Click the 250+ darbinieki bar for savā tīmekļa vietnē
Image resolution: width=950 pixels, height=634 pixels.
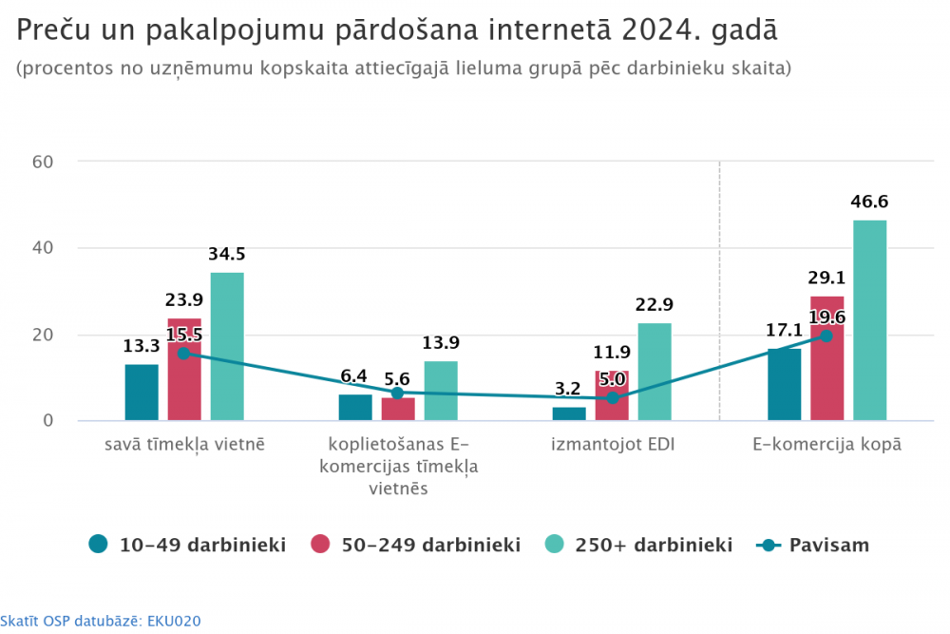coord(227,347)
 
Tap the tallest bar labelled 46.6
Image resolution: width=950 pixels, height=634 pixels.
coord(869,320)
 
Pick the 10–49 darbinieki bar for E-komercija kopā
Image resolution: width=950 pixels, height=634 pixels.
coord(784,385)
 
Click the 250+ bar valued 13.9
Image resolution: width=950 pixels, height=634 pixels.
coord(441,391)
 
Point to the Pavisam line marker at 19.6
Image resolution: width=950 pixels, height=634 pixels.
coord(826,336)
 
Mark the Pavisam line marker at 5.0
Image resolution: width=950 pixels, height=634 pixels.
coord(612,398)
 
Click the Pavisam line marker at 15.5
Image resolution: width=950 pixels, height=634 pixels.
coord(183,353)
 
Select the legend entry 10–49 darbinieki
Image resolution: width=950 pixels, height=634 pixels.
coord(188,545)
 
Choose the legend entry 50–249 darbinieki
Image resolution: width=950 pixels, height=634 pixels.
coord(415,545)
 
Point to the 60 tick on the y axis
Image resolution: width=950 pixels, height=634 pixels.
coord(42,162)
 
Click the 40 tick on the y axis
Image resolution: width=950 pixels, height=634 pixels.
coord(42,248)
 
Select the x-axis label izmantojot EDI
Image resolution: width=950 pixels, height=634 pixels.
coord(613,444)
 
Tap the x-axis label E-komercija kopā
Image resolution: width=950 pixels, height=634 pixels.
coord(826,444)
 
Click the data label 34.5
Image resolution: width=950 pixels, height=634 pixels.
coord(227,255)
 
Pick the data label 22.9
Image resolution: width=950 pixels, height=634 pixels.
coord(655,305)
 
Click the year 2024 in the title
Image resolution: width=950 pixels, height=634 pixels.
coord(653,29)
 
